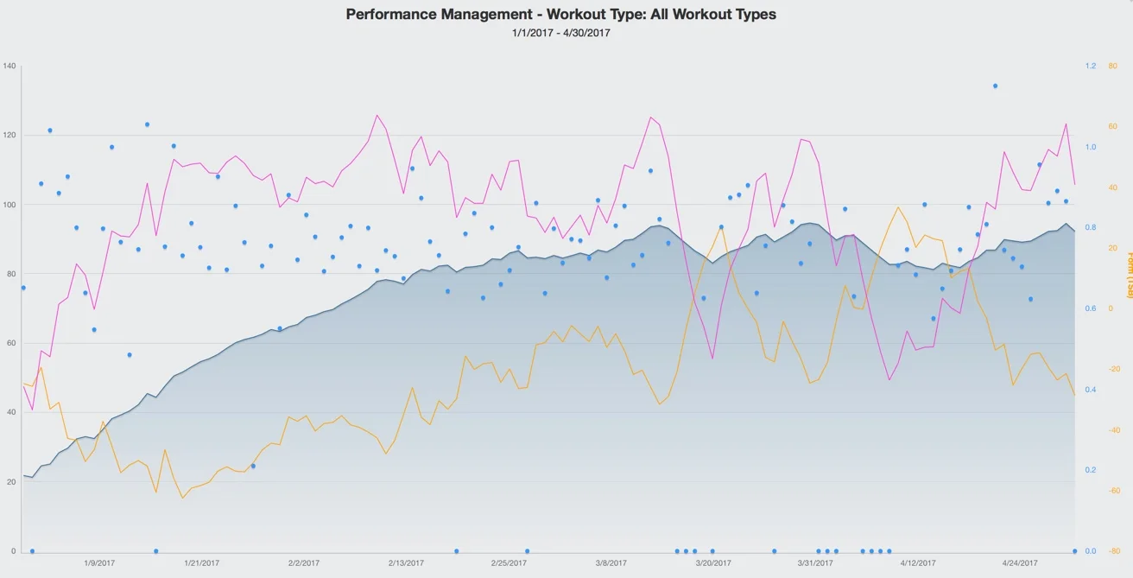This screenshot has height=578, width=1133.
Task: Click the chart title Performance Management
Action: pyautogui.click(x=560, y=14)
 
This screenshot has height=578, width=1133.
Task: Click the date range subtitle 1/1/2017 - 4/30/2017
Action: pyautogui.click(x=560, y=33)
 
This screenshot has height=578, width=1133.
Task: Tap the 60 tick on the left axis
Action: pyautogui.click(x=10, y=343)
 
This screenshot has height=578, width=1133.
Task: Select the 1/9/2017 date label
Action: pyautogui.click(x=99, y=562)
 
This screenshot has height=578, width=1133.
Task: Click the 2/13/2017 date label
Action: pyautogui.click(x=406, y=562)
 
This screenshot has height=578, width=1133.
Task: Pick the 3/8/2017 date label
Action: pyautogui.click(x=611, y=562)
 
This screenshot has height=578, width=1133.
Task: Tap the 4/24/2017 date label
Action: pyautogui.click(x=1020, y=562)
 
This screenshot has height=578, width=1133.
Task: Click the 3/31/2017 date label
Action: pyautogui.click(x=815, y=562)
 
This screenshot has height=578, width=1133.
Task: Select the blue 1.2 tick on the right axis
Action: pyautogui.click(x=1091, y=67)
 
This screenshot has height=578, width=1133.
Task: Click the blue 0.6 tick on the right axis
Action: pyautogui.click(x=1091, y=308)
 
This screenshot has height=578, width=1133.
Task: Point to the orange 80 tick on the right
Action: pyautogui.click(x=1113, y=67)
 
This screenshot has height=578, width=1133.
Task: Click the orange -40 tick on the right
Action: pyautogui.click(x=1113, y=429)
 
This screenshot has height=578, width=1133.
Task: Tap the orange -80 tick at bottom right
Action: pyautogui.click(x=1113, y=551)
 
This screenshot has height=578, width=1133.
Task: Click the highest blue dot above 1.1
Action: pyautogui.click(x=995, y=86)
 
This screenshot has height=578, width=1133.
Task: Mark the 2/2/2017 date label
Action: pyautogui.click(x=304, y=562)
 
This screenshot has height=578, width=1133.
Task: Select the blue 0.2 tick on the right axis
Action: pyautogui.click(x=1091, y=470)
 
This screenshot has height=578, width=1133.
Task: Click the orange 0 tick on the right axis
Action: pyautogui.click(x=1111, y=308)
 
